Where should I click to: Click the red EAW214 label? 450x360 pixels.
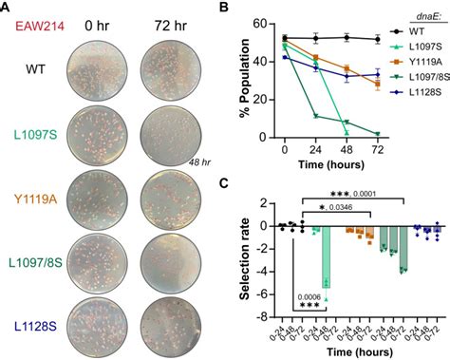pyautogui.click(x=40, y=26)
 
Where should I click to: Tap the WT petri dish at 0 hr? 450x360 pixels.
pyautogui.click(x=97, y=71)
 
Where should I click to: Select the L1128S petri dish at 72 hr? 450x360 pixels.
pyautogui.click(x=171, y=328)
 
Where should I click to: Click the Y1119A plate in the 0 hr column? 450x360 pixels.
pyautogui.click(x=97, y=200)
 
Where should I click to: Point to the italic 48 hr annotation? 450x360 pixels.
pyautogui.click(x=199, y=162)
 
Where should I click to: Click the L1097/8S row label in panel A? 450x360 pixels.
pyautogui.click(x=35, y=263)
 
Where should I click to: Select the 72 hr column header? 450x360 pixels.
pyautogui.click(x=171, y=26)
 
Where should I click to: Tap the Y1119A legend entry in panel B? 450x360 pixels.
pyautogui.click(x=416, y=62)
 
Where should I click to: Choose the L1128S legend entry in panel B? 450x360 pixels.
pyautogui.click(x=416, y=92)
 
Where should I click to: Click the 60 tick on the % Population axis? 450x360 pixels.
pyautogui.click(x=260, y=24)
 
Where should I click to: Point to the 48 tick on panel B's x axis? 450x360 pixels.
pyautogui.click(x=347, y=149)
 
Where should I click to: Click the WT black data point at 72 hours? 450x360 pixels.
pyautogui.click(x=377, y=40)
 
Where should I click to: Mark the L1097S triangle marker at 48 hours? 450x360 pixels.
pyautogui.click(x=347, y=133)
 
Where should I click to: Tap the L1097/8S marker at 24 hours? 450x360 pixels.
pyautogui.click(x=315, y=116)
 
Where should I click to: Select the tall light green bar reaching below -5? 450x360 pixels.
pyautogui.click(x=326, y=257)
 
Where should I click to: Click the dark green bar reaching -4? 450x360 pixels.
pyautogui.click(x=403, y=248)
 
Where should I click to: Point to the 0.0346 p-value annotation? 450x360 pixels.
pyautogui.click(x=341, y=207)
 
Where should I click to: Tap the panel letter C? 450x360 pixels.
pyautogui.click(x=224, y=183)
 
